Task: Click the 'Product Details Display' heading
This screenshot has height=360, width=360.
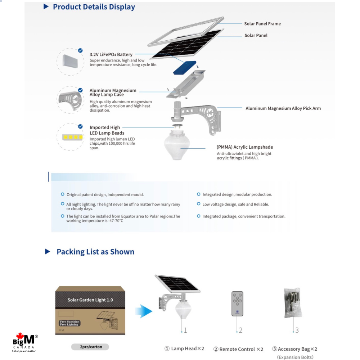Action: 94,7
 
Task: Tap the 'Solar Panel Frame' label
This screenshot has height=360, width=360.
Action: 262,24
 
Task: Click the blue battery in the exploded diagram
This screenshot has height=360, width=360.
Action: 185,68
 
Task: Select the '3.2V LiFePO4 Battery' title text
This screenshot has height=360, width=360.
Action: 111,54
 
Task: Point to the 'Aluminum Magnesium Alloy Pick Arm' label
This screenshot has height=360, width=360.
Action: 283,108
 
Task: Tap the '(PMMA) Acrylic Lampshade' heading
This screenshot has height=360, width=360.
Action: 245,147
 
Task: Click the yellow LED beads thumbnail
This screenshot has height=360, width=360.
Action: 73,137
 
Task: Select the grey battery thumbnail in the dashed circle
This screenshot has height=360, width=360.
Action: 70,61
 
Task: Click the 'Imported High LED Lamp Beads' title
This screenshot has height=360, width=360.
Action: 107,130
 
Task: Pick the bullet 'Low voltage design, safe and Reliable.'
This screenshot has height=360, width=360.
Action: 235,204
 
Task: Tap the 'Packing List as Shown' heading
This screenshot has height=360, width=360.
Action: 95,252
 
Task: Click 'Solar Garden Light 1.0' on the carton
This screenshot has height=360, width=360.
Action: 90,300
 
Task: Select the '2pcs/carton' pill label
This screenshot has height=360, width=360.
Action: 90,347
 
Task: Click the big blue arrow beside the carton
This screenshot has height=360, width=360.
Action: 144,311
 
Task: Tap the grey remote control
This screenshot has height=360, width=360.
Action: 237,304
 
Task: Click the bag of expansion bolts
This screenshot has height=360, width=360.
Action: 293,303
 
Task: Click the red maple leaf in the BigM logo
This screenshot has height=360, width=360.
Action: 20,336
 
